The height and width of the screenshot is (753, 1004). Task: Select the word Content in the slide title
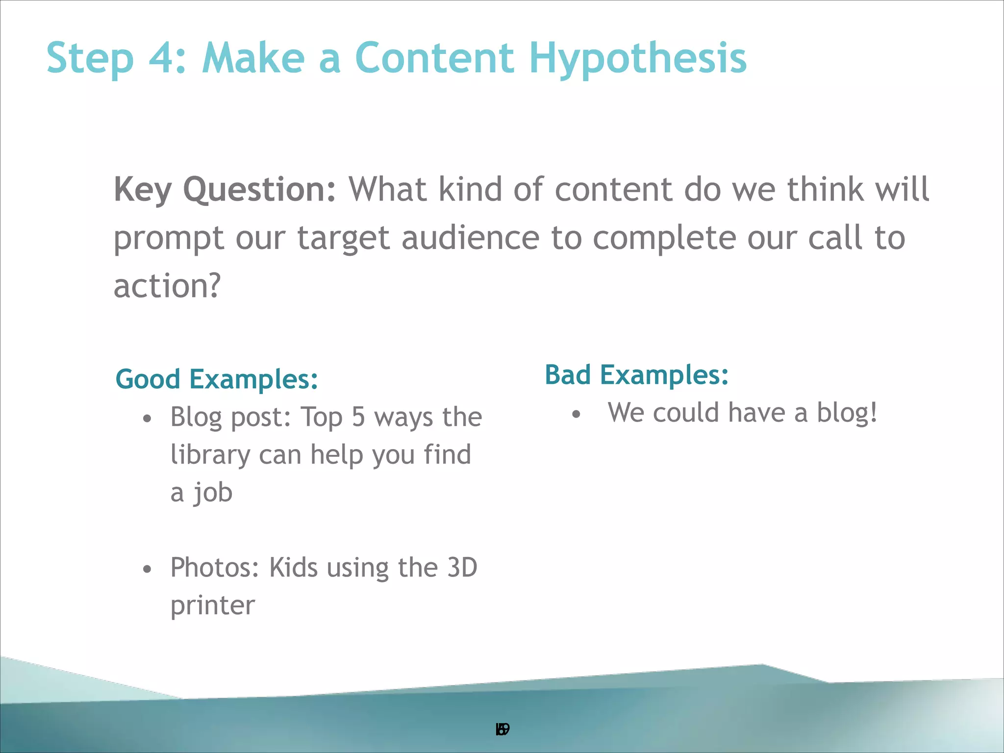(434, 58)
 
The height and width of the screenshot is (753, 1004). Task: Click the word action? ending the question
(167, 286)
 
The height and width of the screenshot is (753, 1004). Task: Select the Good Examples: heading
(217, 379)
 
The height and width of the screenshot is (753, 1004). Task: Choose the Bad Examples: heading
(636, 375)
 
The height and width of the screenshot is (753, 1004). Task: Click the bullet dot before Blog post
(147, 419)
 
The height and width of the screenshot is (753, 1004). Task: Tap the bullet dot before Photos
(147, 570)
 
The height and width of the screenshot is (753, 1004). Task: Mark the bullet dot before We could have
(576, 415)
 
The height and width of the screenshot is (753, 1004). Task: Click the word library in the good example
(210, 455)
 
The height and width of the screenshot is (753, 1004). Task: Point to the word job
(213, 493)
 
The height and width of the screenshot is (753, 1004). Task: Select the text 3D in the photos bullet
(462, 568)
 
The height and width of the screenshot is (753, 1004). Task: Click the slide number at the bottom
(502, 729)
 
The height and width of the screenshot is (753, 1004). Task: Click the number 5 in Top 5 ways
(358, 417)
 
